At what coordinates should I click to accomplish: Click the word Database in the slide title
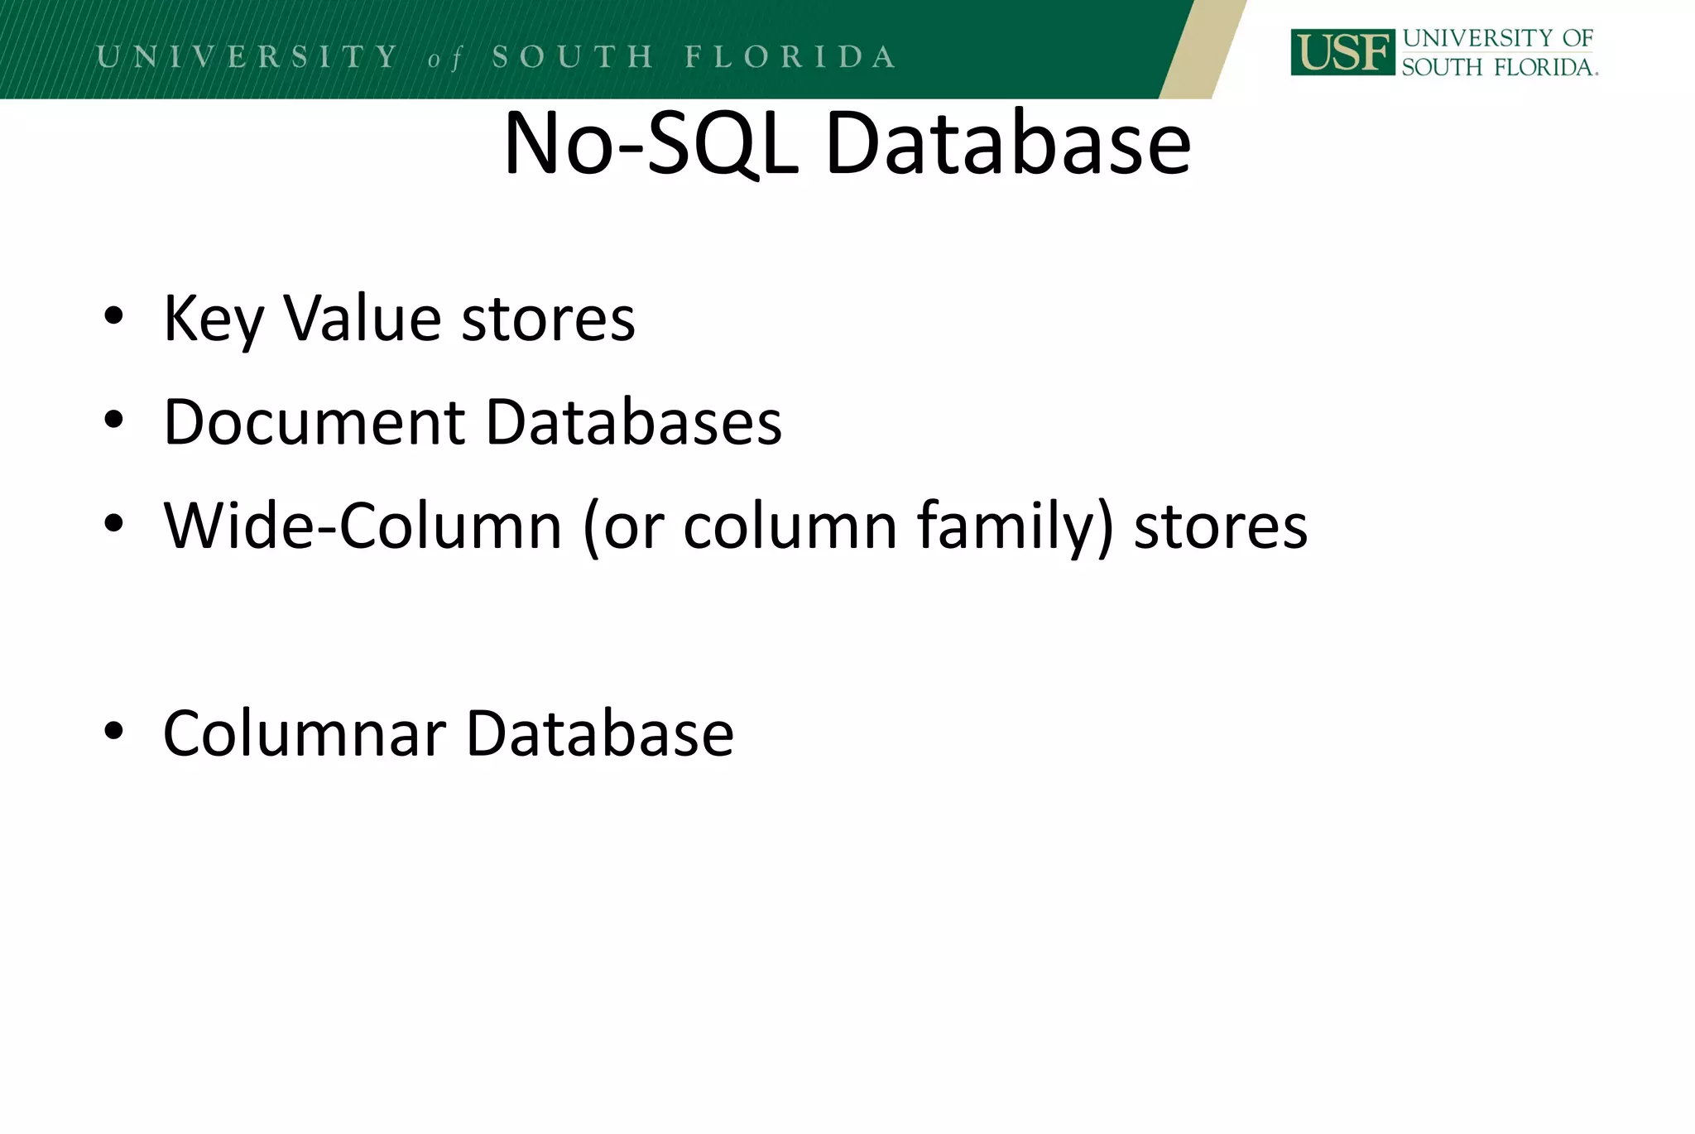click(x=1008, y=144)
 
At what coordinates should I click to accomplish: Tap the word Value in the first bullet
click(x=363, y=318)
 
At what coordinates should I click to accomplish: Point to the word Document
click(x=315, y=422)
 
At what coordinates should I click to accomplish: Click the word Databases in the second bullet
click(x=633, y=422)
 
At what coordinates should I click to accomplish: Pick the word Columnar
click(x=305, y=733)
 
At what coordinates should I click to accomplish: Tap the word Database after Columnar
click(x=600, y=733)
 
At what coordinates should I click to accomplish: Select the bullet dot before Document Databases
click(x=113, y=420)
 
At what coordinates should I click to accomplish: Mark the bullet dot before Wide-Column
click(x=113, y=523)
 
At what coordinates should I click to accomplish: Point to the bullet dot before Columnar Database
click(x=113, y=731)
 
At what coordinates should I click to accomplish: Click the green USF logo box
click(x=1342, y=52)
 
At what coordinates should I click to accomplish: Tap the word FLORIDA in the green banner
click(x=790, y=56)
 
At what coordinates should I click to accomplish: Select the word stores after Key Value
click(x=548, y=320)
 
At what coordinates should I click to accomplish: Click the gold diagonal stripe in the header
click(x=1202, y=50)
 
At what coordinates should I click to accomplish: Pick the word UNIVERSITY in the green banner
click(x=247, y=56)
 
